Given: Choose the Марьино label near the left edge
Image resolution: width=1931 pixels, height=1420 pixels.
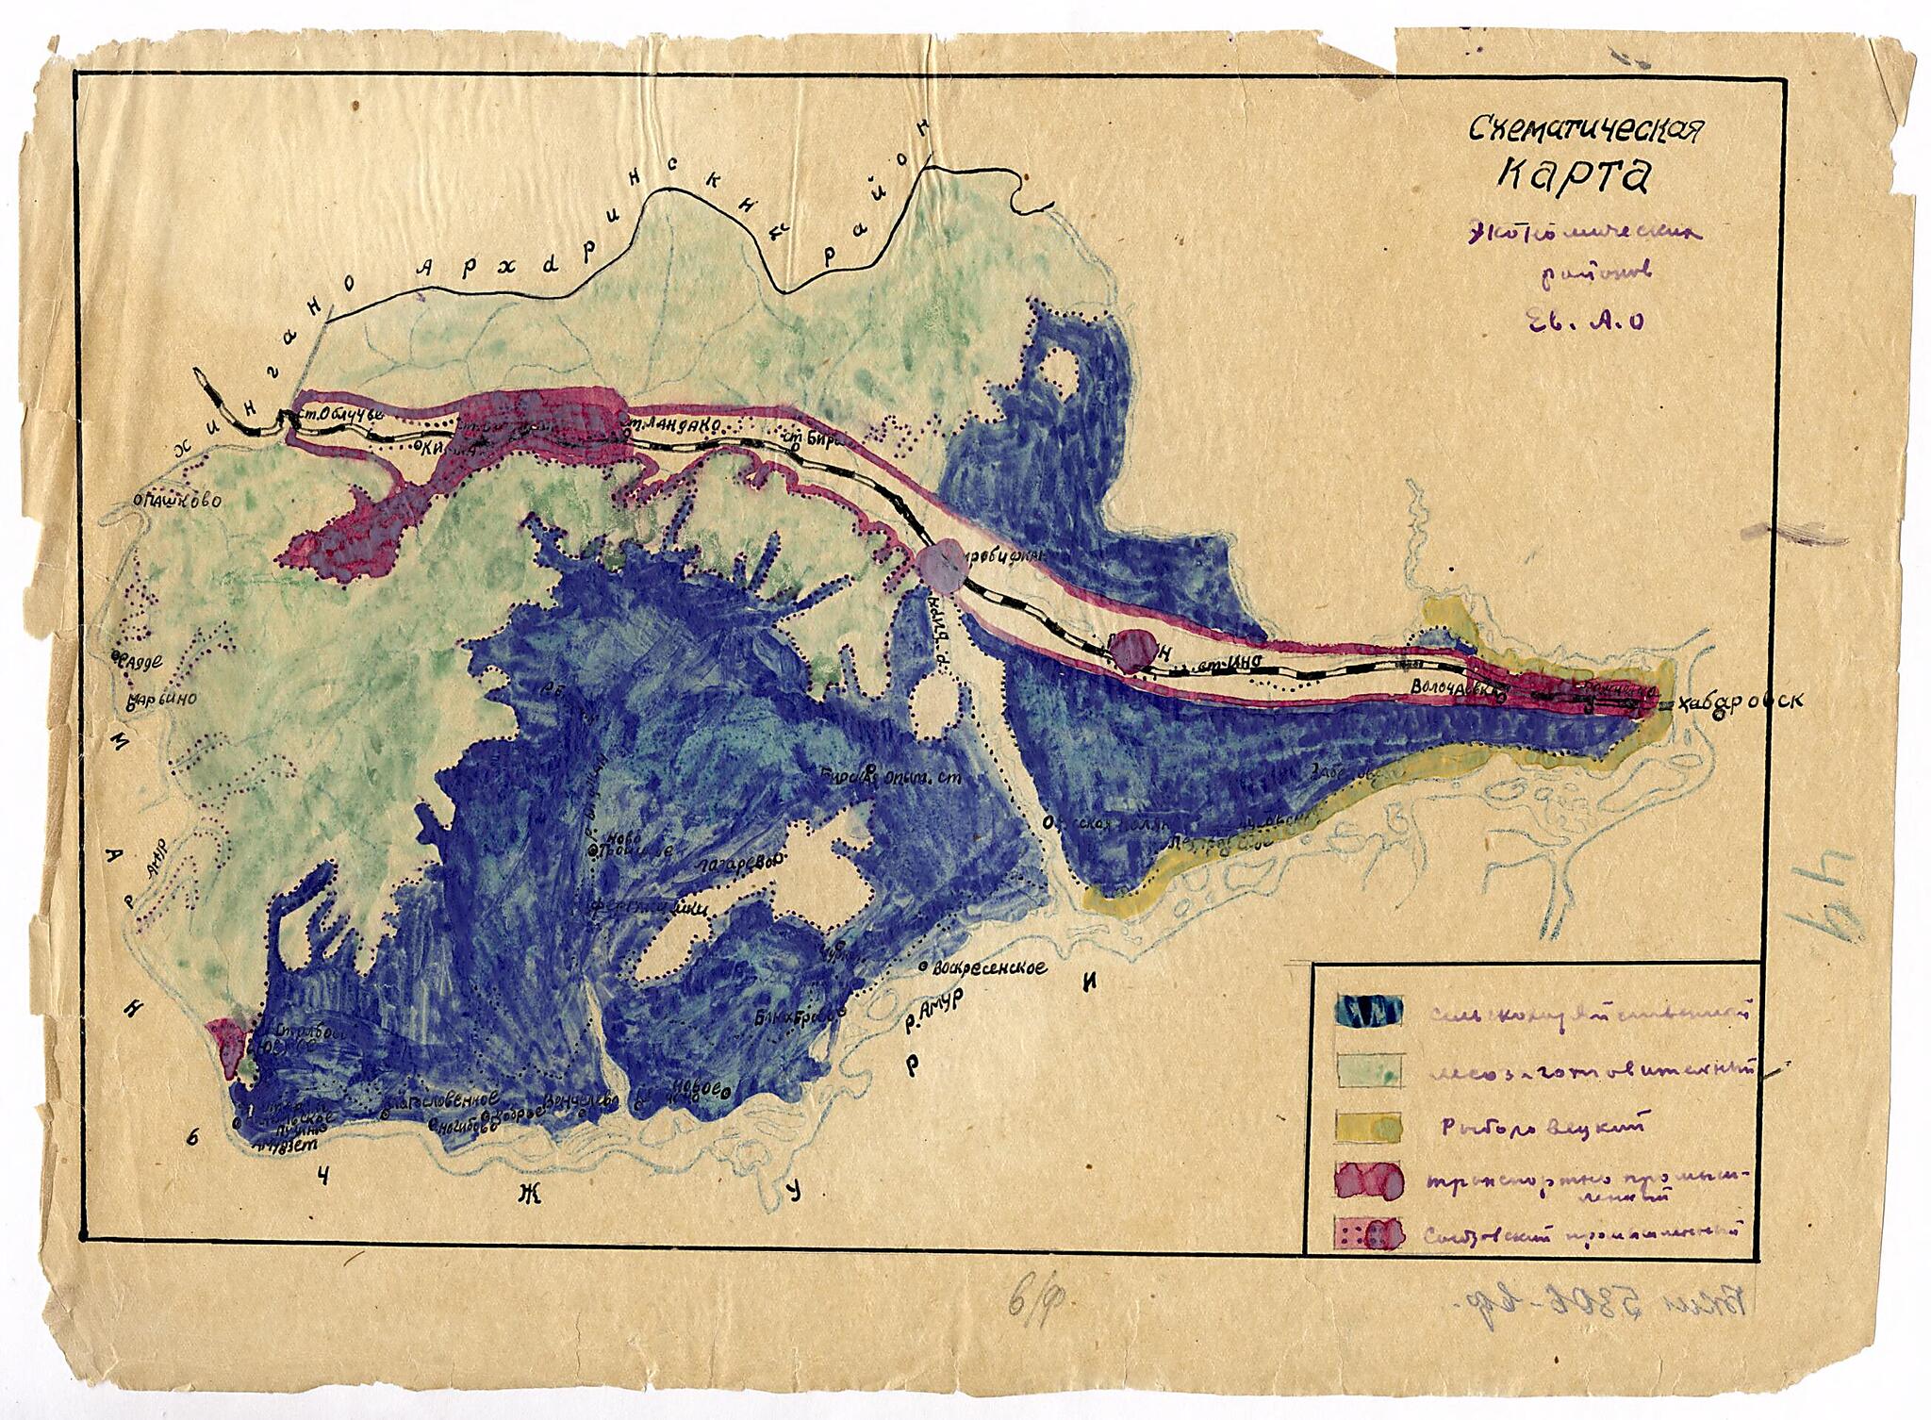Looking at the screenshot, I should click(x=162, y=701).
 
